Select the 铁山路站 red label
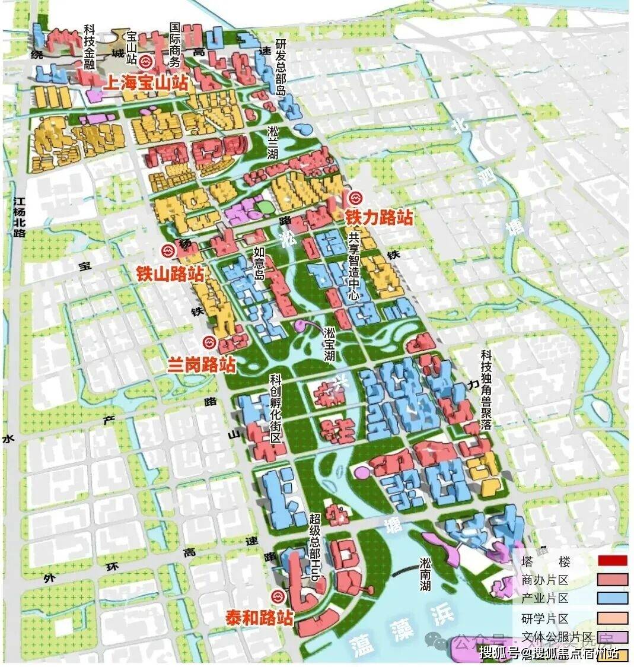(170, 274)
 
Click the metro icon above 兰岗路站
(209, 342)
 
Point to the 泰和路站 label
(259, 617)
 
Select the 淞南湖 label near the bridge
(425, 573)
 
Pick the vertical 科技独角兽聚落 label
(486, 390)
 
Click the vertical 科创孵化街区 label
(275, 410)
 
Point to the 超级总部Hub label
(315, 547)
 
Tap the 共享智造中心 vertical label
(353, 269)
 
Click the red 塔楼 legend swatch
(612, 561)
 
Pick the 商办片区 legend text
(545, 580)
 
